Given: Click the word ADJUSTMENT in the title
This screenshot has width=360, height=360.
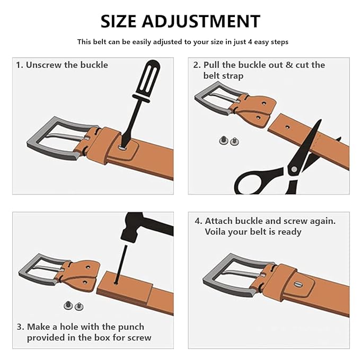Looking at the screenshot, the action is click(x=201, y=21).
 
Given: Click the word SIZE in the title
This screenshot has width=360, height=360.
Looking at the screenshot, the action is click(x=118, y=21).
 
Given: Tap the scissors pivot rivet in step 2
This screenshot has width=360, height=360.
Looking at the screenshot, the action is click(x=294, y=170).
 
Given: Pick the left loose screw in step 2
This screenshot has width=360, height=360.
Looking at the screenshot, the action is click(x=223, y=141).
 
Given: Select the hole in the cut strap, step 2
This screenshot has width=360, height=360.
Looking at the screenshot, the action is click(x=287, y=127).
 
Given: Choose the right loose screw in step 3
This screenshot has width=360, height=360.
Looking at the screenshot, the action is click(x=79, y=306).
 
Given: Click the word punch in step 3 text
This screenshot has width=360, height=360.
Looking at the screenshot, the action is click(x=131, y=327).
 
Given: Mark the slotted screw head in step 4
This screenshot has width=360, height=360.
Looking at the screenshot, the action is click(x=298, y=285).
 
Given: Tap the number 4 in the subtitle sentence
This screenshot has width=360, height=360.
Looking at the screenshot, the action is click(x=250, y=42).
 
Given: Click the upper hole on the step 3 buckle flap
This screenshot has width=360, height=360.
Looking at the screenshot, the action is click(x=88, y=267).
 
